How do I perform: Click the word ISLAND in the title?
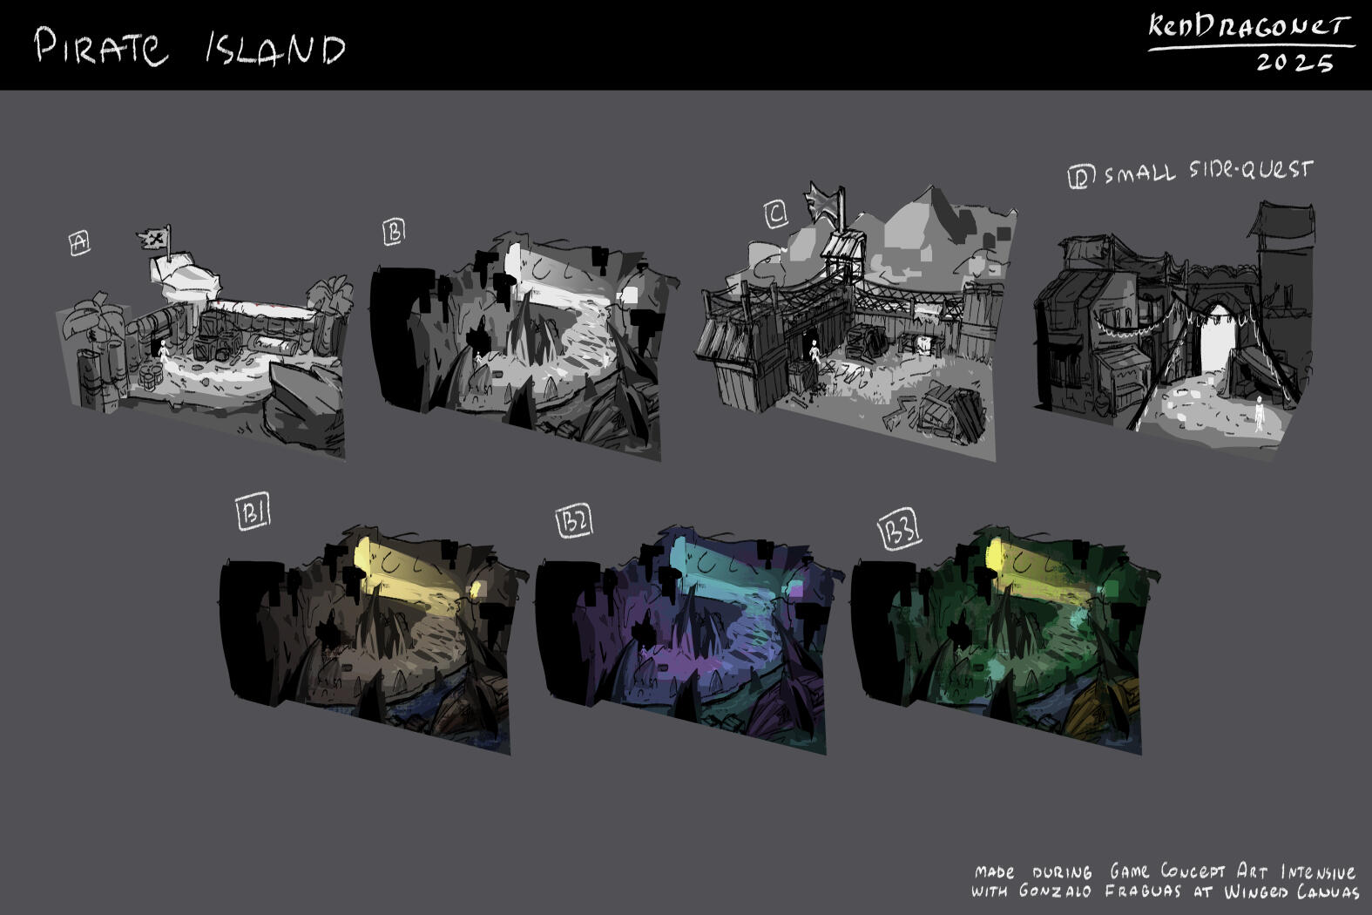click(x=275, y=49)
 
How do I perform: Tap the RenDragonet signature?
click(x=1249, y=28)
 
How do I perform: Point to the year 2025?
click(x=1294, y=62)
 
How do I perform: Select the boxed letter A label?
click(x=79, y=242)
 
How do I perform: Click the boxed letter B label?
click(x=394, y=233)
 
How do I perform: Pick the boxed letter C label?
click(x=776, y=214)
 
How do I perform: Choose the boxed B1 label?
click(x=253, y=512)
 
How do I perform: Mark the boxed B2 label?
click(x=574, y=521)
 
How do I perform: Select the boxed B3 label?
click(x=900, y=529)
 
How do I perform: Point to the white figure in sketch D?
click(x=1260, y=413)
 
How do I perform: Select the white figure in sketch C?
click(x=814, y=351)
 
